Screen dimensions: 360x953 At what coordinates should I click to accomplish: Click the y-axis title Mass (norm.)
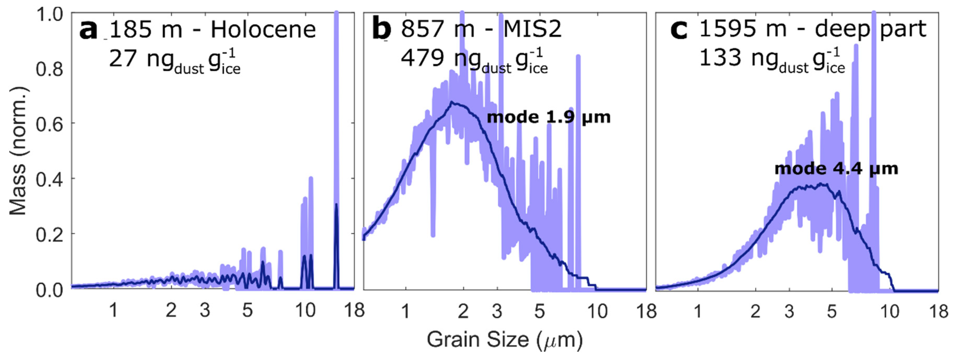click(18, 151)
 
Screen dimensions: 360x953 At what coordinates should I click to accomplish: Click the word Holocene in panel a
click(263, 30)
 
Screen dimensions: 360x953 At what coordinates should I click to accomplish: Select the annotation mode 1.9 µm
click(548, 117)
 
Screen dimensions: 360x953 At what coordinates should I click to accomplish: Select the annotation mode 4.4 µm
click(836, 169)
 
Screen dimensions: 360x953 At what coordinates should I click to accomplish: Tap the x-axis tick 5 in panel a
click(247, 310)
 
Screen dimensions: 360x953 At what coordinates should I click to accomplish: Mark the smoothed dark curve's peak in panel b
click(452, 102)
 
